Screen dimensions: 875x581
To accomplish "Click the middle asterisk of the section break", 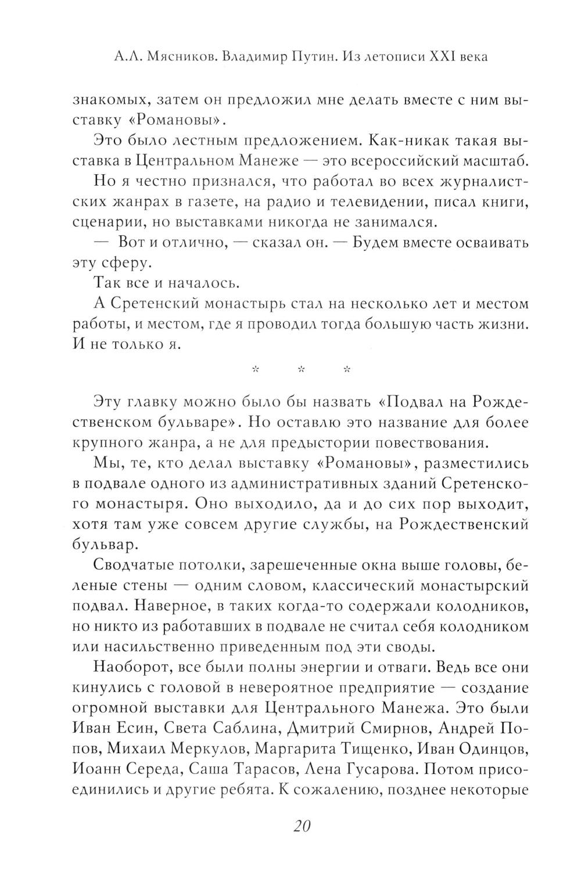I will [300, 369].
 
